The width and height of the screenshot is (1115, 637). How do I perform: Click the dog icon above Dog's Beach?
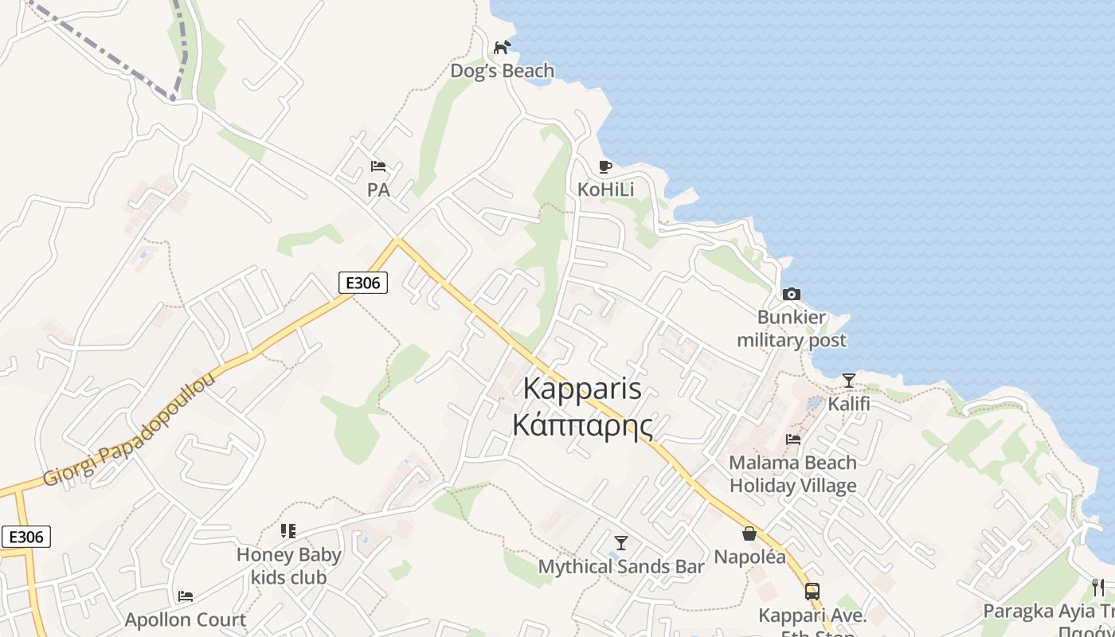[x=502, y=48]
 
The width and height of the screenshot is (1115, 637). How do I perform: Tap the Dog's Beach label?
[x=502, y=71]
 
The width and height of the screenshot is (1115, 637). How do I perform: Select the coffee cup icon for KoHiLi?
[x=605, y=166]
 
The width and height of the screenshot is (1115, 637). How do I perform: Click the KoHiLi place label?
[x=605, y=190]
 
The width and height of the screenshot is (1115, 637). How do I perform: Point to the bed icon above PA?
[x=378, y=166]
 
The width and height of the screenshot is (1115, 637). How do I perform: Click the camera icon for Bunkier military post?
[x=791, y=294]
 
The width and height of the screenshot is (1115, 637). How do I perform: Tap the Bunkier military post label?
[x=791, y=329]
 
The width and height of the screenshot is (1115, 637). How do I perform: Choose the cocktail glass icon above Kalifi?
[x=849, y=381]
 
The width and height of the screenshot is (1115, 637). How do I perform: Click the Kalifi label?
[x=849, y=404]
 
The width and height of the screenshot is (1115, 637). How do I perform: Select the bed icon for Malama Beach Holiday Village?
[x=793, y=439]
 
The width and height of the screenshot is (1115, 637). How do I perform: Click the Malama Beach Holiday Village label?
[x=793, y=474]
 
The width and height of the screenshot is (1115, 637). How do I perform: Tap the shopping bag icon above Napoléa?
[x=749, y=533]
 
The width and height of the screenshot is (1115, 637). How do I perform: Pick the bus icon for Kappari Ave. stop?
[x=812, y=592]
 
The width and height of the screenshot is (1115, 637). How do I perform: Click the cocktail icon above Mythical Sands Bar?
[x=621, y=543]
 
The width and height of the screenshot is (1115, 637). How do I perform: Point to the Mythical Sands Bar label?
[x=621, y=567]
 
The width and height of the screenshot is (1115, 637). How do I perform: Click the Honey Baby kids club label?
[x=288, y=566]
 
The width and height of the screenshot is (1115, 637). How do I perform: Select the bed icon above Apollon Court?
[x=186, y=596]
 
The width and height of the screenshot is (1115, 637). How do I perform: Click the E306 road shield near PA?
[x=362, y=282]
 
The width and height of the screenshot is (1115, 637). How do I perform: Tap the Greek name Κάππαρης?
[x=582, y=425]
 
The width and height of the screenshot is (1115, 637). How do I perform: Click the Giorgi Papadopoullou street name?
[x=130, y=430]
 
